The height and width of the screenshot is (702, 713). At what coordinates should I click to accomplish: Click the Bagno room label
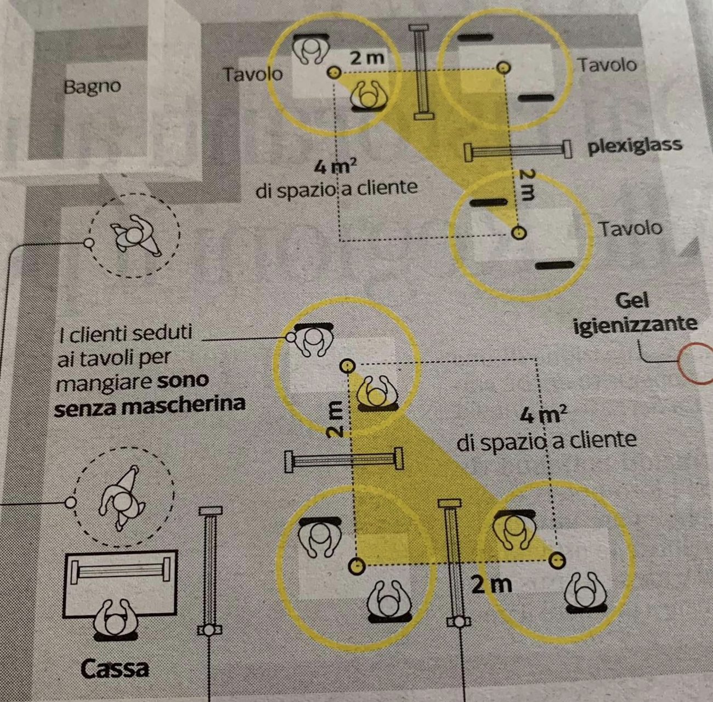pos(92,86)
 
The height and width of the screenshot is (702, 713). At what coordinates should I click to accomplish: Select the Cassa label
pos(115,668)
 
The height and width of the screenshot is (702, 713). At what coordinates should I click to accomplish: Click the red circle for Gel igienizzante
pos(696,363)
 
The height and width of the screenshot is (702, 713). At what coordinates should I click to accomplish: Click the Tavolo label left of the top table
pos(252,74)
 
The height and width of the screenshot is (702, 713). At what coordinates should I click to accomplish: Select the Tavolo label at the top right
pos(607,65)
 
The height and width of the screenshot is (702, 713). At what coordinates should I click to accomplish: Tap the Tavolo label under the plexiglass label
pos(630,227)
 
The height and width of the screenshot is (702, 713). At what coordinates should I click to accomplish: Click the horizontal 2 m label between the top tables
pos(367,57)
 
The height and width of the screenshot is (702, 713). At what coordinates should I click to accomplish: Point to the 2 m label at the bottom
pos(491,585)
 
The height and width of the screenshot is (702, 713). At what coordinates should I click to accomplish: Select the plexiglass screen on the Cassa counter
pos(121,571)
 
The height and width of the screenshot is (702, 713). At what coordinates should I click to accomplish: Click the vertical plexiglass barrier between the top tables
pos(421,71)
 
